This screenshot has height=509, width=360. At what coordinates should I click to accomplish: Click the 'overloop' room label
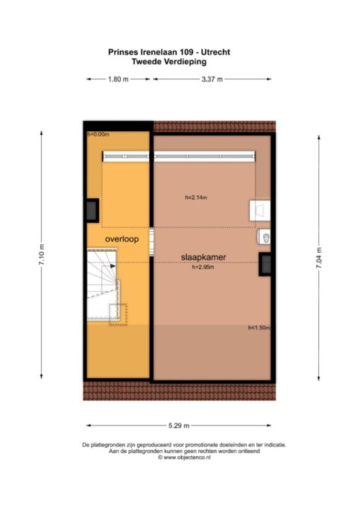pyautogui.click(x=121, y=239)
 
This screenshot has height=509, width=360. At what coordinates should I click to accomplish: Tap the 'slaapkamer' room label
pyautogui.click(x=203, y=257)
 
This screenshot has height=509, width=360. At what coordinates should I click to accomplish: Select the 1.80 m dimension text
pyautogui.click(x=119, y=79)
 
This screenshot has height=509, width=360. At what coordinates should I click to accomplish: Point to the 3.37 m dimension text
pyautogui.click(x=212, y=79)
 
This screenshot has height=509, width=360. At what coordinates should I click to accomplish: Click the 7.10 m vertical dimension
pyautogui.click(x=42, y=255)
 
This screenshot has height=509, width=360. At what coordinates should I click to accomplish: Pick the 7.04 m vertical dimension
pyautogui.click(x=319, y=258)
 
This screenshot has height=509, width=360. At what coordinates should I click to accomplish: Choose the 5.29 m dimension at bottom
pyautogui.click(x=179, y=426)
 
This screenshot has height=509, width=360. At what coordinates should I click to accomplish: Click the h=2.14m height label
pyautogui.click(x=196, y=197)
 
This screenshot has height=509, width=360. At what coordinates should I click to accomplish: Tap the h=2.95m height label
pyautogui.click(x=203, y=267)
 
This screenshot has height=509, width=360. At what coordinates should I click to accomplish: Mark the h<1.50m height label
pyautogui.click(x=259, y=328)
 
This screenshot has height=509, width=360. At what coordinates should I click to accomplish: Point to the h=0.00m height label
pyautogui.click(x=98, y=134)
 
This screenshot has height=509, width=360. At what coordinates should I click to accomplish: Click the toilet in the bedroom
pyautogui.click(x=264, y=236)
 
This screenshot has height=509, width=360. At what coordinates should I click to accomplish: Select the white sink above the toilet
pyautogui.click(x=259, y=210)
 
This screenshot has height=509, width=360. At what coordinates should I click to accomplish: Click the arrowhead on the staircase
pyautogui.click(x=113, y=266)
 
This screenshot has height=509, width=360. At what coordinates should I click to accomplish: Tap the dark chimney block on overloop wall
pyautogui.click(x=92, y=210)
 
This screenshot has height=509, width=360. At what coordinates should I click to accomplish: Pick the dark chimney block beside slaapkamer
pyautogui.click(x=265, y=265)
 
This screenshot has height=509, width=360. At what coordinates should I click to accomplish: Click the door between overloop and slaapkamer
pyautogui.click(x=151, y=242)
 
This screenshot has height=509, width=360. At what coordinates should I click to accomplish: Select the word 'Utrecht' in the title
pyautogui.click(x=215, y=52)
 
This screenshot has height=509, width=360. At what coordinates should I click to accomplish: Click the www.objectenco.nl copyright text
pyautogui.click(x=184, y=458)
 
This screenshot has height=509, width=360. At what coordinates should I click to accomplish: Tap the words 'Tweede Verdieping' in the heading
pyautogui.click(x=169, y=62)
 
